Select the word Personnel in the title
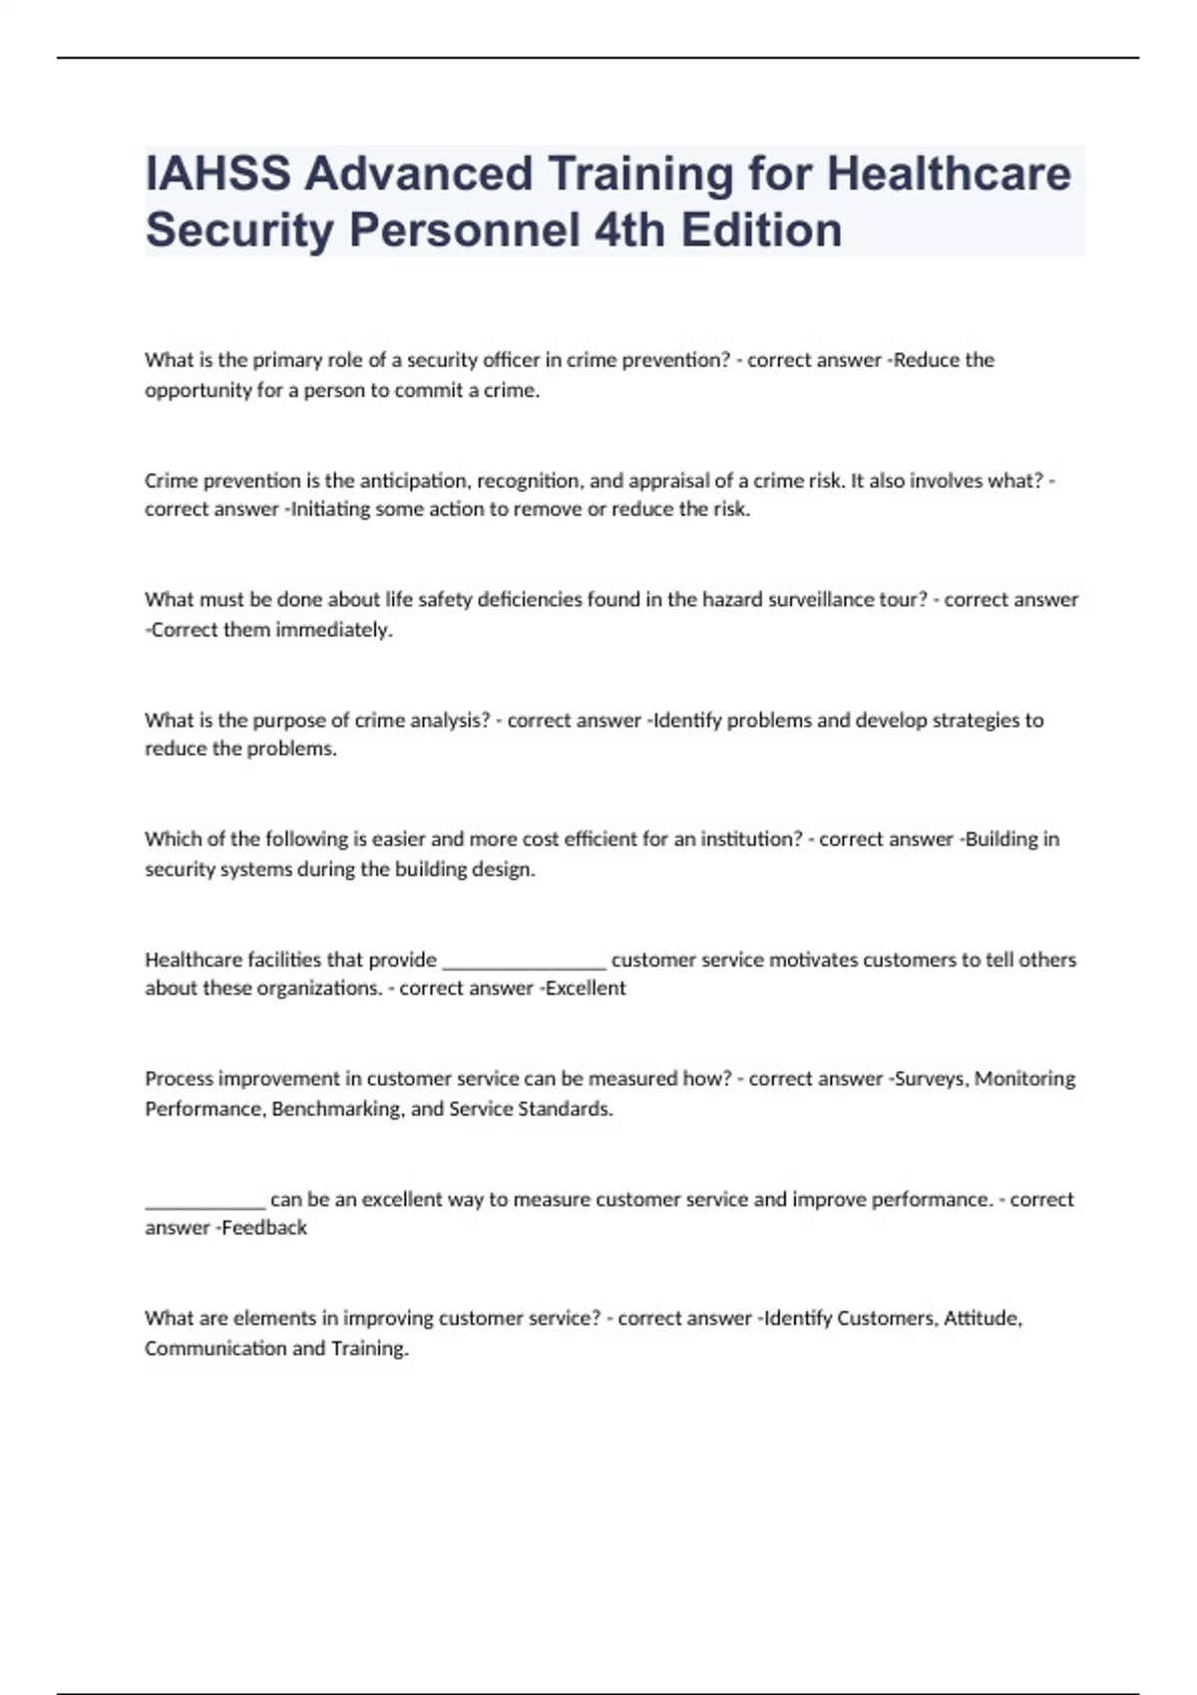(464, 230)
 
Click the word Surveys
(930, 1079)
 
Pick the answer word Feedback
(264, 1228)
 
